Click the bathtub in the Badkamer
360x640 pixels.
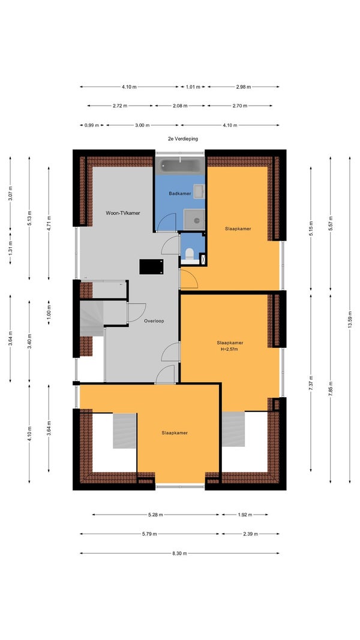tap(180, 166)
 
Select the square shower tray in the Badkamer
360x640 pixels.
tap(194, 220)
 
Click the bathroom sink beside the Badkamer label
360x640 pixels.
tap(199, 191)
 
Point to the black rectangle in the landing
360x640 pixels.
tap(151, 266)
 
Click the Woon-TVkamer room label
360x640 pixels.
tap(123, 213)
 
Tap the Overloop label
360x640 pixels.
tap(154, 321)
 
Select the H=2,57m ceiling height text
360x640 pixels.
tap(229, 349)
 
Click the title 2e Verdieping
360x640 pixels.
tap(183, 139)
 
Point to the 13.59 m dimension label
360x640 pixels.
tap(350, 320)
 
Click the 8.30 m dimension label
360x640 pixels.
tap(179, 554)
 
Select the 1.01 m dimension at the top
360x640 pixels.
tap(193, 87)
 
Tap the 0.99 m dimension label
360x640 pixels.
tap(92, 125)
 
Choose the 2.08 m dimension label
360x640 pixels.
tap(180, 106)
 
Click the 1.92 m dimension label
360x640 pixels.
tap(245, 515)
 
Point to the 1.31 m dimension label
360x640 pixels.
tap(10, 247)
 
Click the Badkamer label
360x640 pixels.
tap(180, 194)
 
